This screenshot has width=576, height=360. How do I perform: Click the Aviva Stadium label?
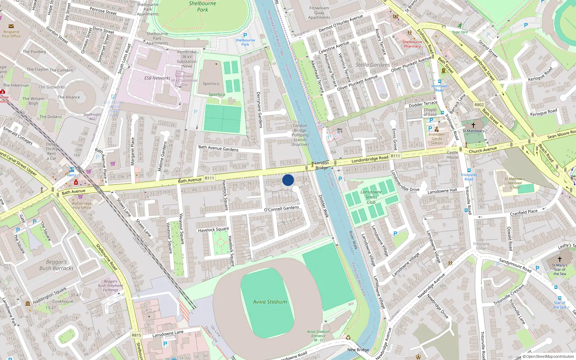pyautogui.click(x=270, y=302)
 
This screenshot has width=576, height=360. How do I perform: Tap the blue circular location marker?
pyautogui.click(x=288, y=180)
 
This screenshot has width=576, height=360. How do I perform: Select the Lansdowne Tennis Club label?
pyautogui.click(x=371, y=197)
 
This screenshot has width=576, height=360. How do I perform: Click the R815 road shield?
pyautogui.click(x=136, y=335)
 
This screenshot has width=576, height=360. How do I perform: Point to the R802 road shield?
pyautogui.click(x=479, y=105)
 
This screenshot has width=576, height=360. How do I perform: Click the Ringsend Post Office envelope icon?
pyautogui.click(x=11, y=26)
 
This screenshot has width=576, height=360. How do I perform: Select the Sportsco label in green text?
pyautogui.click(x=217, y=95)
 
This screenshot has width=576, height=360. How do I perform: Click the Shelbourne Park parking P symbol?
pyautogui.click(x=245, y=35)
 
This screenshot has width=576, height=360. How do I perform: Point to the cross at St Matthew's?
pyautogui.click(x=473, y=125)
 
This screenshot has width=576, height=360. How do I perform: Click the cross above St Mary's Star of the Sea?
pyautogui.click(x=560, y=259)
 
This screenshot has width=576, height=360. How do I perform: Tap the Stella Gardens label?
pyautogui.click(x=373, y=65)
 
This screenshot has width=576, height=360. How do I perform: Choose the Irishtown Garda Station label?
pyautogui.click(x=437, y=139)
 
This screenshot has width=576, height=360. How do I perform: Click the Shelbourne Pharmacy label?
pyautogui.click(x=412, y=44)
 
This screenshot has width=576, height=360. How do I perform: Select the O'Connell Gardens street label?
pyautogui.click(x=282, y=208)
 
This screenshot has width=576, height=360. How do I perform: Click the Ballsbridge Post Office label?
pyautogui.click(x=82, y=206)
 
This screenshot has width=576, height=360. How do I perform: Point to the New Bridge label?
pyautogui.click(x=358, y=350)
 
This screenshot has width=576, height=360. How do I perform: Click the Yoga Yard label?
pyautogui.click(x=460, y=32)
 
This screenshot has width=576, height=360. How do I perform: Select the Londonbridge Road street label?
pyautogui.click(x=370, y=158)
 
